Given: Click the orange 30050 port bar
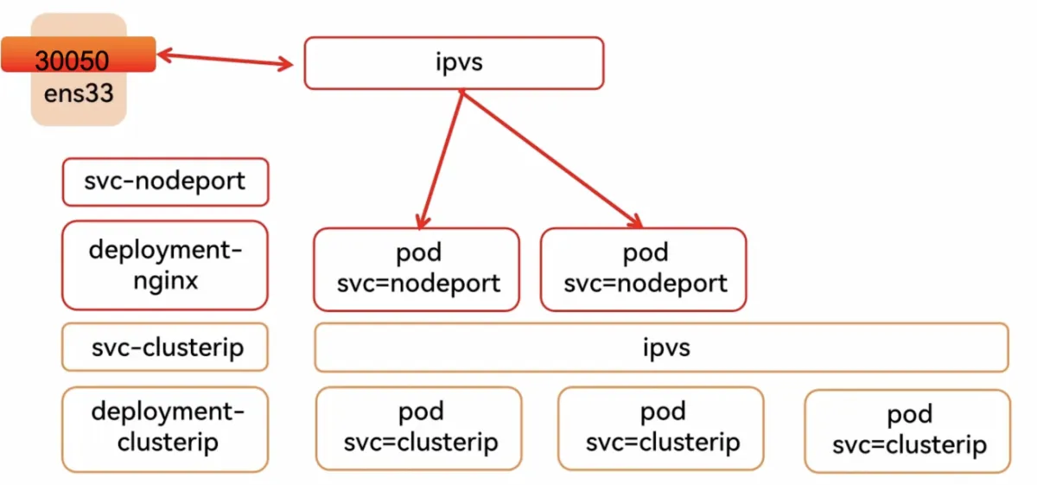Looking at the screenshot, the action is tap(79, 54).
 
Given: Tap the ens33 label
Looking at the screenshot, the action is tap(79, 93).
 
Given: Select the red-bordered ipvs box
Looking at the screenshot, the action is tap(455, 63).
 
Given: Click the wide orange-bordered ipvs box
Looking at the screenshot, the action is tap(662, 348).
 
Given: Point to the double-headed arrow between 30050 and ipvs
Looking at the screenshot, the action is tap(226, 59).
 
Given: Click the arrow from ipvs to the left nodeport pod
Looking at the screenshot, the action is tap(442, 159).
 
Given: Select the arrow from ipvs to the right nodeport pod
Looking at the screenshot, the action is tap(552, 159).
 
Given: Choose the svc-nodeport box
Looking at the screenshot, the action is tap(165, 182).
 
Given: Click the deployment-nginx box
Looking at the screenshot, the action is tap(165, 265).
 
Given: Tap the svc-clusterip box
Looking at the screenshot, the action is tap(165, 348).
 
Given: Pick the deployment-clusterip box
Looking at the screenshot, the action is tap(165, 430).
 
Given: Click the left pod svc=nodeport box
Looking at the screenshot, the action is tap(417, 269).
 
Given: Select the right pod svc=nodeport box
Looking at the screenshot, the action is tap(644, 269).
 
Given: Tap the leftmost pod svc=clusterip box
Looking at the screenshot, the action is tap(419, 429).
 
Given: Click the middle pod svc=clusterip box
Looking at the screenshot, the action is tap(661, 429).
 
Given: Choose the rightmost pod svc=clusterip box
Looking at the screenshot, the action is tap(908, 431).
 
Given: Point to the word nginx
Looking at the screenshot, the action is tap(166, 281).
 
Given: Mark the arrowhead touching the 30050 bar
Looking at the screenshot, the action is tap(165, 55).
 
